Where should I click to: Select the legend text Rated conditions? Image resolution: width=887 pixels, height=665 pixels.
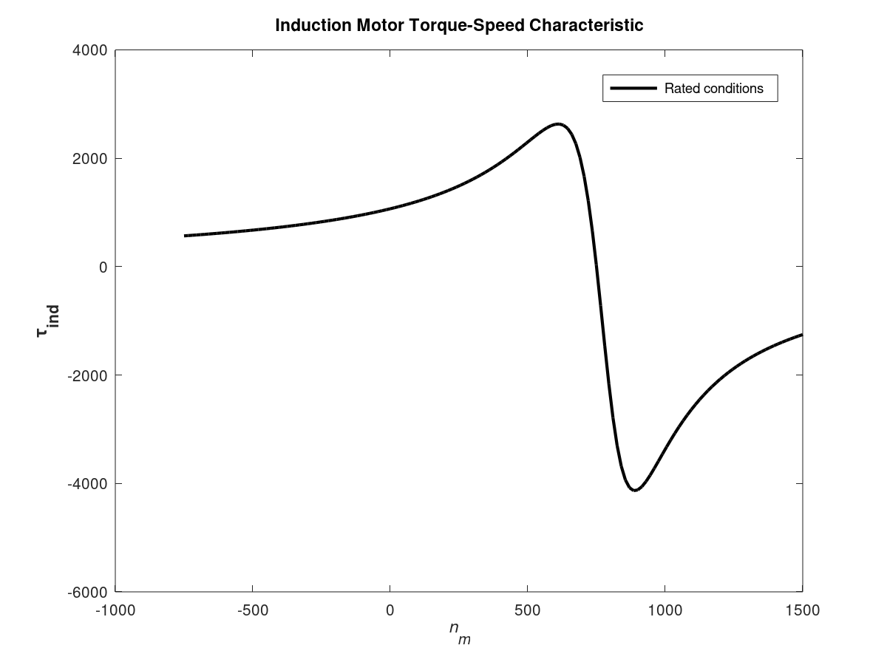pyautogui.click(x=713, y=89)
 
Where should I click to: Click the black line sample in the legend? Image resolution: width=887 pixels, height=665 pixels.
pyautogui.click(x=633, y=89)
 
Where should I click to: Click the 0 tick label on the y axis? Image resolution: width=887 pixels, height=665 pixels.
pyautogui.click(x=103, y=267)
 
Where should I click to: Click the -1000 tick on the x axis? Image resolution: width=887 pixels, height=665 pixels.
pyautogui.click(x=115, y=610)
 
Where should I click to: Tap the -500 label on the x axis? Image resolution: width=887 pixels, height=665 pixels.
pyautogui.click(x=252, y=610)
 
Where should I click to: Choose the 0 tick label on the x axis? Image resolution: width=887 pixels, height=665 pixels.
pyautogui.click(x=390, y=610)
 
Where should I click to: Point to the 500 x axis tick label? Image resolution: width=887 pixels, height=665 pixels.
pyautogui.click(x=527, y=610)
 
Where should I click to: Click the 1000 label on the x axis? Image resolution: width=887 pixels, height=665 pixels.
pyautogui.click(x=665, y=610)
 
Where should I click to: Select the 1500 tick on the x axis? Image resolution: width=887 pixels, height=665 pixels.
pyautogui.click(x=802, y=610)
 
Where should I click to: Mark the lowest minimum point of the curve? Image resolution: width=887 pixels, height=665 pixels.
pyautogui.click(x=635, y=490)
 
